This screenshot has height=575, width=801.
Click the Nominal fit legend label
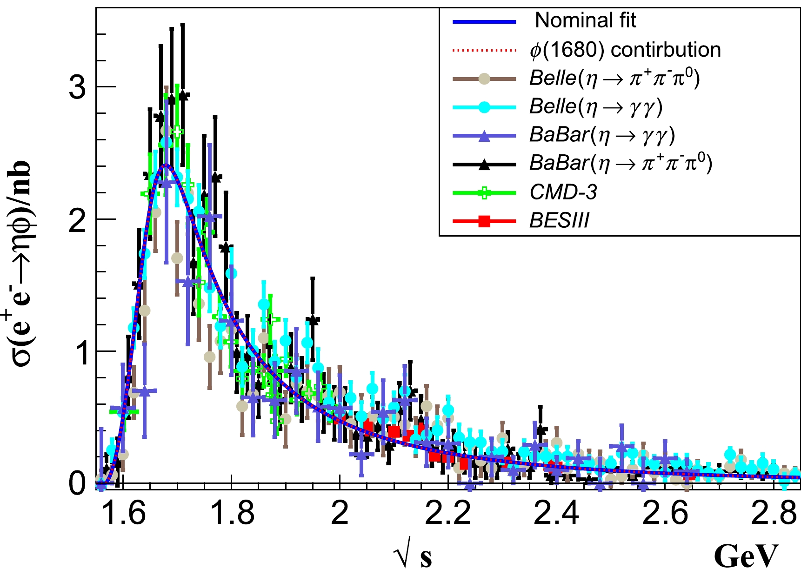585,20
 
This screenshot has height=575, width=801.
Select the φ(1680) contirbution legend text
625,50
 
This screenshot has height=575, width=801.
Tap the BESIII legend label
559,221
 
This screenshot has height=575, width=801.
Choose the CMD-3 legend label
563,192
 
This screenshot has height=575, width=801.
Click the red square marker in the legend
484,221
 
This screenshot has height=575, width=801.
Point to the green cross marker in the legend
484,192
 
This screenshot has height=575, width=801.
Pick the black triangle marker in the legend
484,164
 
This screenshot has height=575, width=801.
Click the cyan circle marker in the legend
484,107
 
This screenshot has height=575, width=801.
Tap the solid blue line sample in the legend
484,21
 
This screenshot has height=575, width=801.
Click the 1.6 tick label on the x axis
124,514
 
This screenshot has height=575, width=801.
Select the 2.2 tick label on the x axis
448,514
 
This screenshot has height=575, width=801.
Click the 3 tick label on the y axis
77,87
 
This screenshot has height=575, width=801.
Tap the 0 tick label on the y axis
77,483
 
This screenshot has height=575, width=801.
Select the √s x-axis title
412,556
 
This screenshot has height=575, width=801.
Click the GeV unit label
746,556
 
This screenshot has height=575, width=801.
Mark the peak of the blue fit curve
166,165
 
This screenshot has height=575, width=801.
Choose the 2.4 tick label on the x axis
557,514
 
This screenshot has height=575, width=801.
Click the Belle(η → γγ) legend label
595,107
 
